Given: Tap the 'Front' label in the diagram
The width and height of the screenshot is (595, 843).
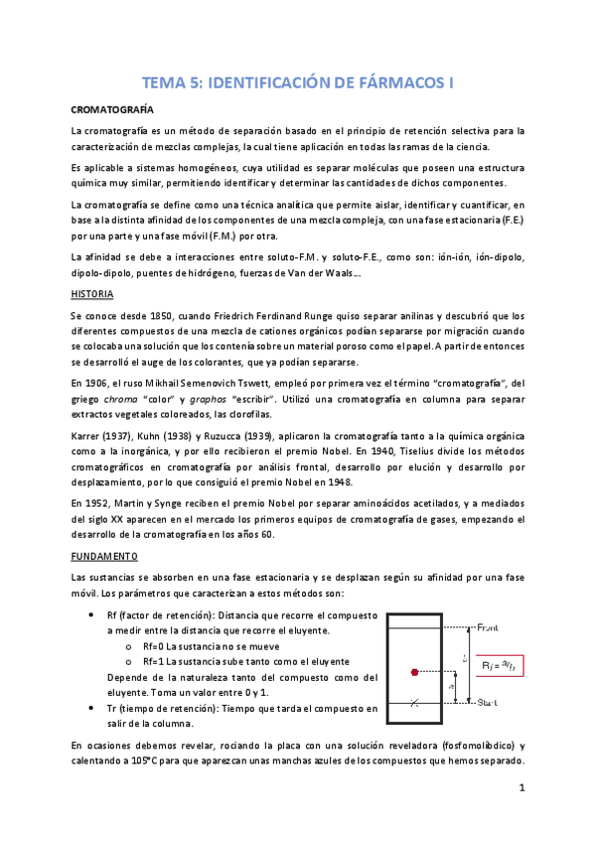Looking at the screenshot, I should [x=494, y=628].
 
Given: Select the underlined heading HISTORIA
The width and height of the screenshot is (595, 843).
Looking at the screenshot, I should [x=92, y=294].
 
